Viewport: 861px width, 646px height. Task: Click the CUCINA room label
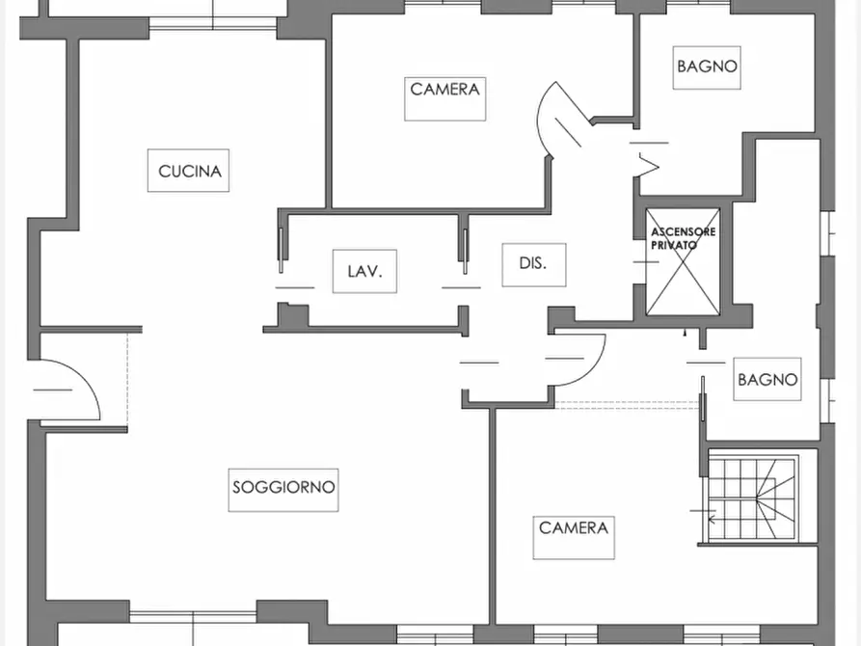tap(188, 171)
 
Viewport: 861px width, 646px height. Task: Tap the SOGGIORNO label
tap(283, 487)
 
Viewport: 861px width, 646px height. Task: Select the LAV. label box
tap(364, 271)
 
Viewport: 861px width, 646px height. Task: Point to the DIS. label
tap(534, 263)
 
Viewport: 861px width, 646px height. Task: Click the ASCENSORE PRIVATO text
tap(683, 238)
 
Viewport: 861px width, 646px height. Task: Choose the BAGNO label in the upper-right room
tap(707, 67)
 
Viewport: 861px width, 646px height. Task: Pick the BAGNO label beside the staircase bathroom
tap(767, 380)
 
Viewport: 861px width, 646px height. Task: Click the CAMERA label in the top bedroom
tap(444, 90)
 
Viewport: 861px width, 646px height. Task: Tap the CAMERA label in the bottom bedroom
tap(574, 528)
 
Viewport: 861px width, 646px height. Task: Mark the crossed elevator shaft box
tap(683, 262)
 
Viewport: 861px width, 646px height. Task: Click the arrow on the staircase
tap(709, 518)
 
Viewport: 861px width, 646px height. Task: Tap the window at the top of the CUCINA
tap(213, 22)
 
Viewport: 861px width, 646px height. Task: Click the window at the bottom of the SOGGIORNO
tap(193, 617)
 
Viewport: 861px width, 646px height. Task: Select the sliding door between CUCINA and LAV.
tap(282, 250)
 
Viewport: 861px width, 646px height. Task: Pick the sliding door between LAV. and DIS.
tap(465, 251)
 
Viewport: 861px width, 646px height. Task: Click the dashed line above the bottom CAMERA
tap(627, 404)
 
